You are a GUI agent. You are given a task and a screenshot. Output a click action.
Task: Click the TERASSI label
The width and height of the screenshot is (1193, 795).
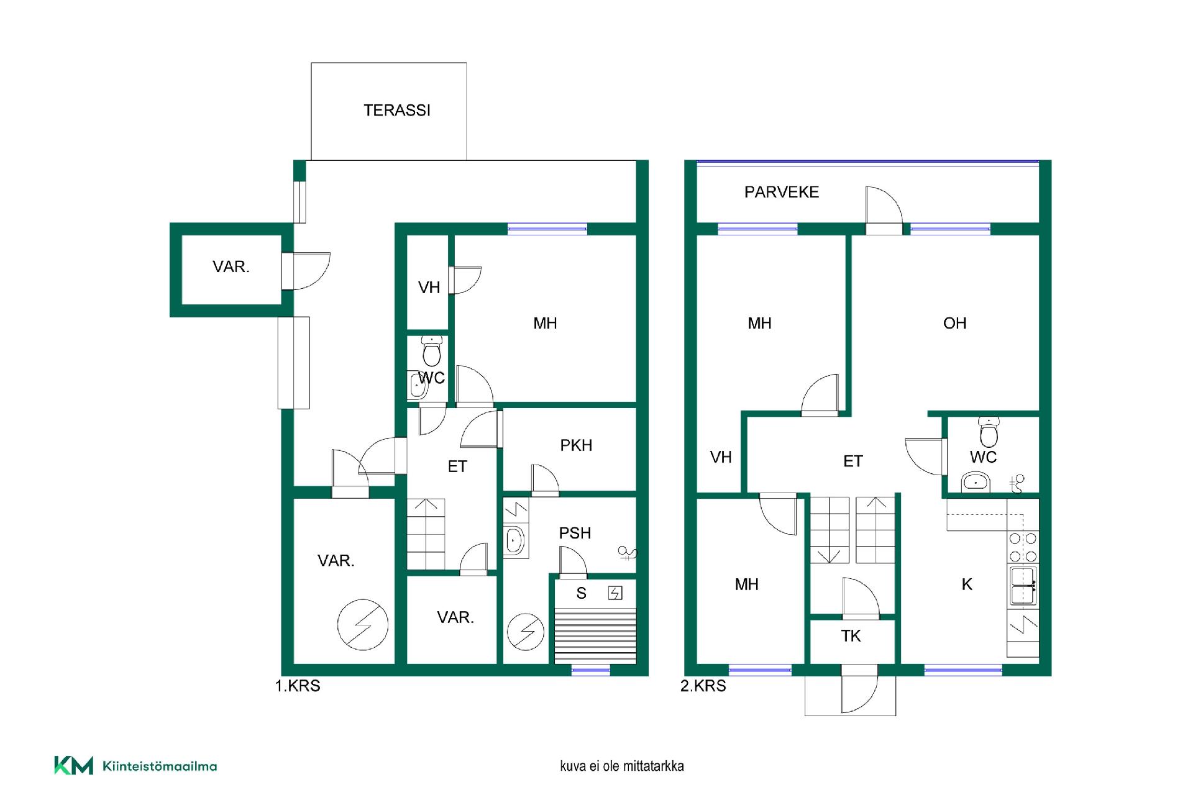click(x=396, y=111)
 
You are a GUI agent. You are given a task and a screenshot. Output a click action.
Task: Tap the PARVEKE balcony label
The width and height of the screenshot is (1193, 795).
click(x=782, y=193)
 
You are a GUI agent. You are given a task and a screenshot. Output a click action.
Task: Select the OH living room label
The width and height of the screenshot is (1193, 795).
click(x=954, y=324)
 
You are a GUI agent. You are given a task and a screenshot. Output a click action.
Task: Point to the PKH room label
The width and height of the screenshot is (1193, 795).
click(x=576, y=445)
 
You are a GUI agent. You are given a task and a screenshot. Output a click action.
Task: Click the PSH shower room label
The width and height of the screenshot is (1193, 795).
click(x=575, y=533)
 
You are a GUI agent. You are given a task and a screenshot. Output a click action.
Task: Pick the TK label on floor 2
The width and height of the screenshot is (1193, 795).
click(x=851, y=636)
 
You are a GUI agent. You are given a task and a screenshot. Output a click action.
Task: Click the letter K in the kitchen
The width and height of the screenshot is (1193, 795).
click(x=967, y=584)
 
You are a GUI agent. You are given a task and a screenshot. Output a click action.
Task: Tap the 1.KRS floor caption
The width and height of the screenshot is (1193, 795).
click(x=298, y=686)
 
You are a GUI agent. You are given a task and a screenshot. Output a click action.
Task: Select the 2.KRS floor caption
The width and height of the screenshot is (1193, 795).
click(x=703, y=686)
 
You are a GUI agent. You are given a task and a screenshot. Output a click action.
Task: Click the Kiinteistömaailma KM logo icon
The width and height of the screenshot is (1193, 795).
click(x=73, y=765)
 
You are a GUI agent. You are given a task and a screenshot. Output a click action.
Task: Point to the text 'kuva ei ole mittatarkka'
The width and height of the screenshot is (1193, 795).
click(x=621, y=766)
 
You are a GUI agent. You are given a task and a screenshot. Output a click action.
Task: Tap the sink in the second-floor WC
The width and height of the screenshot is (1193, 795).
click(x=976, y=482)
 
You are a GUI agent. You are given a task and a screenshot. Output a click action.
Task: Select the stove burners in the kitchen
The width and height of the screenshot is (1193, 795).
click(x=1023, y=547)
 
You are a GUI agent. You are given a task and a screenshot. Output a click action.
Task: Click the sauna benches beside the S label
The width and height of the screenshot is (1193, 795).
click(x=595, y=637)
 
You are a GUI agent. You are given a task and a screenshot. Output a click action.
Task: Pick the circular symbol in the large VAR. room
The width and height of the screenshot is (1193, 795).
click(x=363, y=625)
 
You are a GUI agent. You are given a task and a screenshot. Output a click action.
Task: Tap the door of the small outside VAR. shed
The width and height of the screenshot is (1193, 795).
click(x=306, y=271)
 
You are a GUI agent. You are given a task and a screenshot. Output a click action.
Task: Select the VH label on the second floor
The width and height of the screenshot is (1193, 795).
click(x=721, y=458)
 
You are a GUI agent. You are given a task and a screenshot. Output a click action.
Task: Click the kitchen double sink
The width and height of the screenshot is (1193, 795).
click(x=1022, y=586)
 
